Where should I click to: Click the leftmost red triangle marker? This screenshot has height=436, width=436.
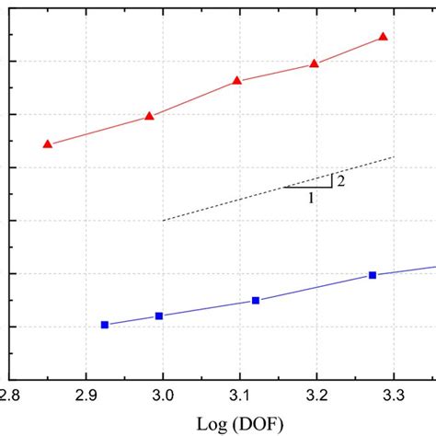(48, 144)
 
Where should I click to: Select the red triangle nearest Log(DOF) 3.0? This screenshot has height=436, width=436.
(149, 116)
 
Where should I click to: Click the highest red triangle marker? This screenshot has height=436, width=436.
(384, 37)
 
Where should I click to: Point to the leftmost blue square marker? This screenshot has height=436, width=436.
(104, 325)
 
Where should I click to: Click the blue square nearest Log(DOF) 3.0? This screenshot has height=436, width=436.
(158, 316)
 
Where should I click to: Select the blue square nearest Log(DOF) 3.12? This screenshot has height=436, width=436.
(256, 301)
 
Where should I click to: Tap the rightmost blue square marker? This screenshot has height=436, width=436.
(373, 275)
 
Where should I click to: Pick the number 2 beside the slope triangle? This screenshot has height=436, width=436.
(340, 180)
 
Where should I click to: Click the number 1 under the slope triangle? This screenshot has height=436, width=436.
(311, 197)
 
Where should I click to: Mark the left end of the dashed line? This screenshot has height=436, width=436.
(163, 221)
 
